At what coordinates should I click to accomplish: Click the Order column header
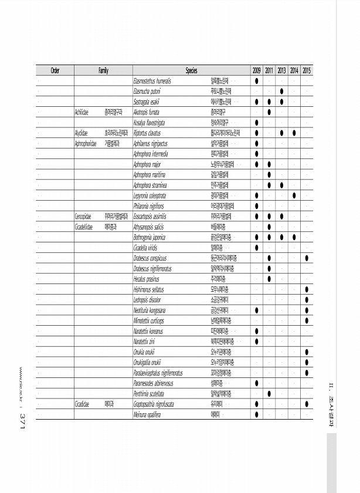pos(55,71)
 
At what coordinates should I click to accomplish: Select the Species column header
pos(191,71)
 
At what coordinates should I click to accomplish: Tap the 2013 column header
pos(282,71)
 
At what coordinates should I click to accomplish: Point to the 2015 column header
pos(307,71)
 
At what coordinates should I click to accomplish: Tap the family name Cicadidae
pos(81,404)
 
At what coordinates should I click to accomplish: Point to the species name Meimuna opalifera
pos(148,415)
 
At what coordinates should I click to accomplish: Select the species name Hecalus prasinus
pos(146,279)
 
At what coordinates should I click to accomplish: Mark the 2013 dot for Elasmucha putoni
pos(282,90)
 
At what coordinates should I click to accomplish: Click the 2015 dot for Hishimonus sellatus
pos(307,289)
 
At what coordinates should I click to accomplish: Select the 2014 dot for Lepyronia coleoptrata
pos(294,195)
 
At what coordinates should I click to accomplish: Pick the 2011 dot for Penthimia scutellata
pos(269,394)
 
